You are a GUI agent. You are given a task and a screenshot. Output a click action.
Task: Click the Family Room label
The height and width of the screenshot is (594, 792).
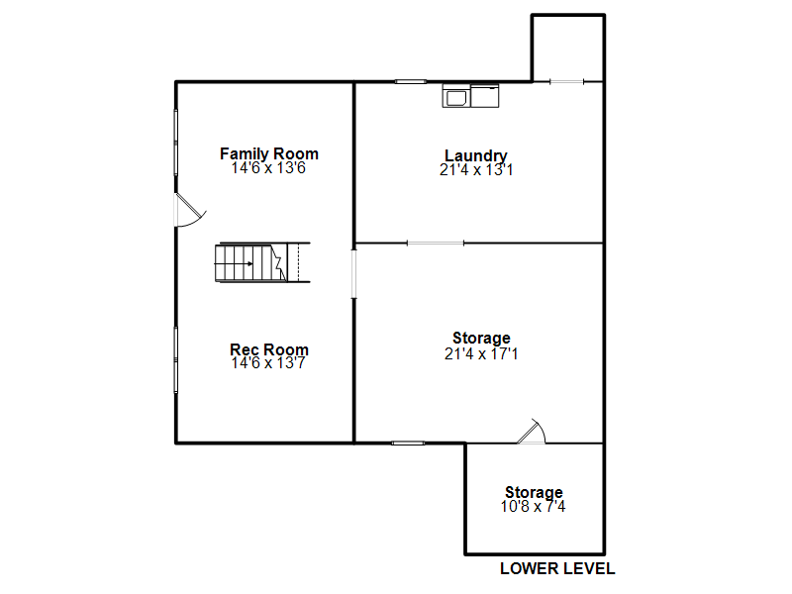point(268,153)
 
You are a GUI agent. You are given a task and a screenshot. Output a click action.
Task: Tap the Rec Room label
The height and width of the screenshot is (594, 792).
point(268,349)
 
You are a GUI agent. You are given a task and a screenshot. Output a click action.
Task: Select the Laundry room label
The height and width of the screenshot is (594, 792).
point(476,155)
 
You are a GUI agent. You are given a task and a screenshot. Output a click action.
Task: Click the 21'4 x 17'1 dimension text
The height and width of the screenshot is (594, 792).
point(481,353)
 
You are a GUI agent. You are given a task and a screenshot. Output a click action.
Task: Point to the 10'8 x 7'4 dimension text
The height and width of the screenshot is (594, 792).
point(533,506)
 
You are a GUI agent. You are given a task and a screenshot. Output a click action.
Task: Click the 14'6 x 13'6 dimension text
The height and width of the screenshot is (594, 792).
point(268,167)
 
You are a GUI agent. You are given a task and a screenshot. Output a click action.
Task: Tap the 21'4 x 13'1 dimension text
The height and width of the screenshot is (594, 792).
point(476,169)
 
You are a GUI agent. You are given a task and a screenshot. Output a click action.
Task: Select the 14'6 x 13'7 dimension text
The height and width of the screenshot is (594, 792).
point(268,362)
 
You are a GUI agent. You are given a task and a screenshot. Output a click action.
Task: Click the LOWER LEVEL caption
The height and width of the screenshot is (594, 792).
point(557,568)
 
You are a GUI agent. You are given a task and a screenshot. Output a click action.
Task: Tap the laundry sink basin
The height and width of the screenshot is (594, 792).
point(456,97)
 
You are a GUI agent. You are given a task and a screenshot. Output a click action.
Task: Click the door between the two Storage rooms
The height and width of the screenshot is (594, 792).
point(532,432)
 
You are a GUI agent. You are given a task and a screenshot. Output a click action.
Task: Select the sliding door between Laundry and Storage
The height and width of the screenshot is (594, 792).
point(436,244)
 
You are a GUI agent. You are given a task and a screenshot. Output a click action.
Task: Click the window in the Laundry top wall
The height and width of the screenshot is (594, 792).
point(411,81)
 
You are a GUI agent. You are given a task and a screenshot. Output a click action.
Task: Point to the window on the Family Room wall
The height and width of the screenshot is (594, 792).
point(176,143)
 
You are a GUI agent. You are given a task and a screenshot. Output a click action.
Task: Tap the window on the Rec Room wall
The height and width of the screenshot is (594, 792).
point(176,359)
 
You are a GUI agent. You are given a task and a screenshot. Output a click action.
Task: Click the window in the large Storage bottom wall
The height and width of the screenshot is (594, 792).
point(408,443)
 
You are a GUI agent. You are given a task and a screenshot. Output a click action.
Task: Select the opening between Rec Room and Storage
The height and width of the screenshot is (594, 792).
point(354,274)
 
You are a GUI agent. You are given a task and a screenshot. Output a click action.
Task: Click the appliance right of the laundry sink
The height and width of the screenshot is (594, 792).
point(485,96)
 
